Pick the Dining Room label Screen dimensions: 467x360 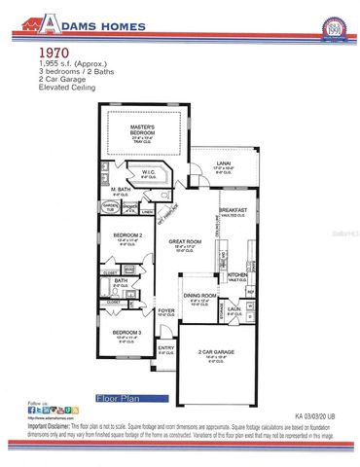tap(199, 296)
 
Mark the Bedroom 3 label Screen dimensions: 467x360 tap(127, 333)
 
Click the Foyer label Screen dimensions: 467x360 tap(167, 311)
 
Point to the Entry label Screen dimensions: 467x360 tap(166, 348)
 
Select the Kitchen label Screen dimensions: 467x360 tap(237, 275)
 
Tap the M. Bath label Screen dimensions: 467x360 tap(121, 190)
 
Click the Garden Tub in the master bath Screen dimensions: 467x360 tap(111, 206)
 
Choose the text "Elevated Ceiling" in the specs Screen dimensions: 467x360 tap(67, 87)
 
